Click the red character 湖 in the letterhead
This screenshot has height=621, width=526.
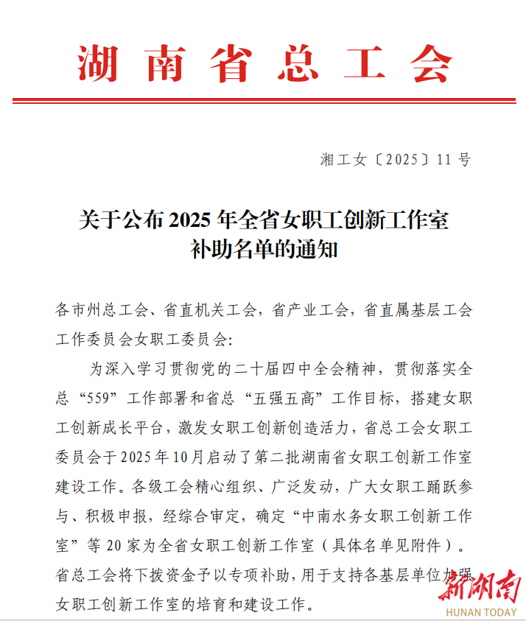tap(97, 63)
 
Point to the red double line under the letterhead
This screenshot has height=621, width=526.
tap(264, 100)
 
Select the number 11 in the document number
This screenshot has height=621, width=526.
tap(444, 159)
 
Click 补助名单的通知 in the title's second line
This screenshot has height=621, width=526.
tap(264, 249)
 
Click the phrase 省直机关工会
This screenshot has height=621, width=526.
tap(210, 310)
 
